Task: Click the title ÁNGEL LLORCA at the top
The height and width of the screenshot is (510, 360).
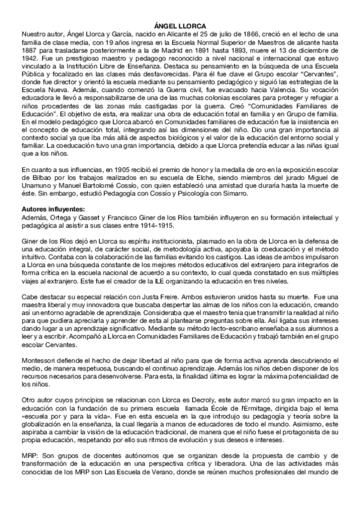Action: [180, 26]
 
